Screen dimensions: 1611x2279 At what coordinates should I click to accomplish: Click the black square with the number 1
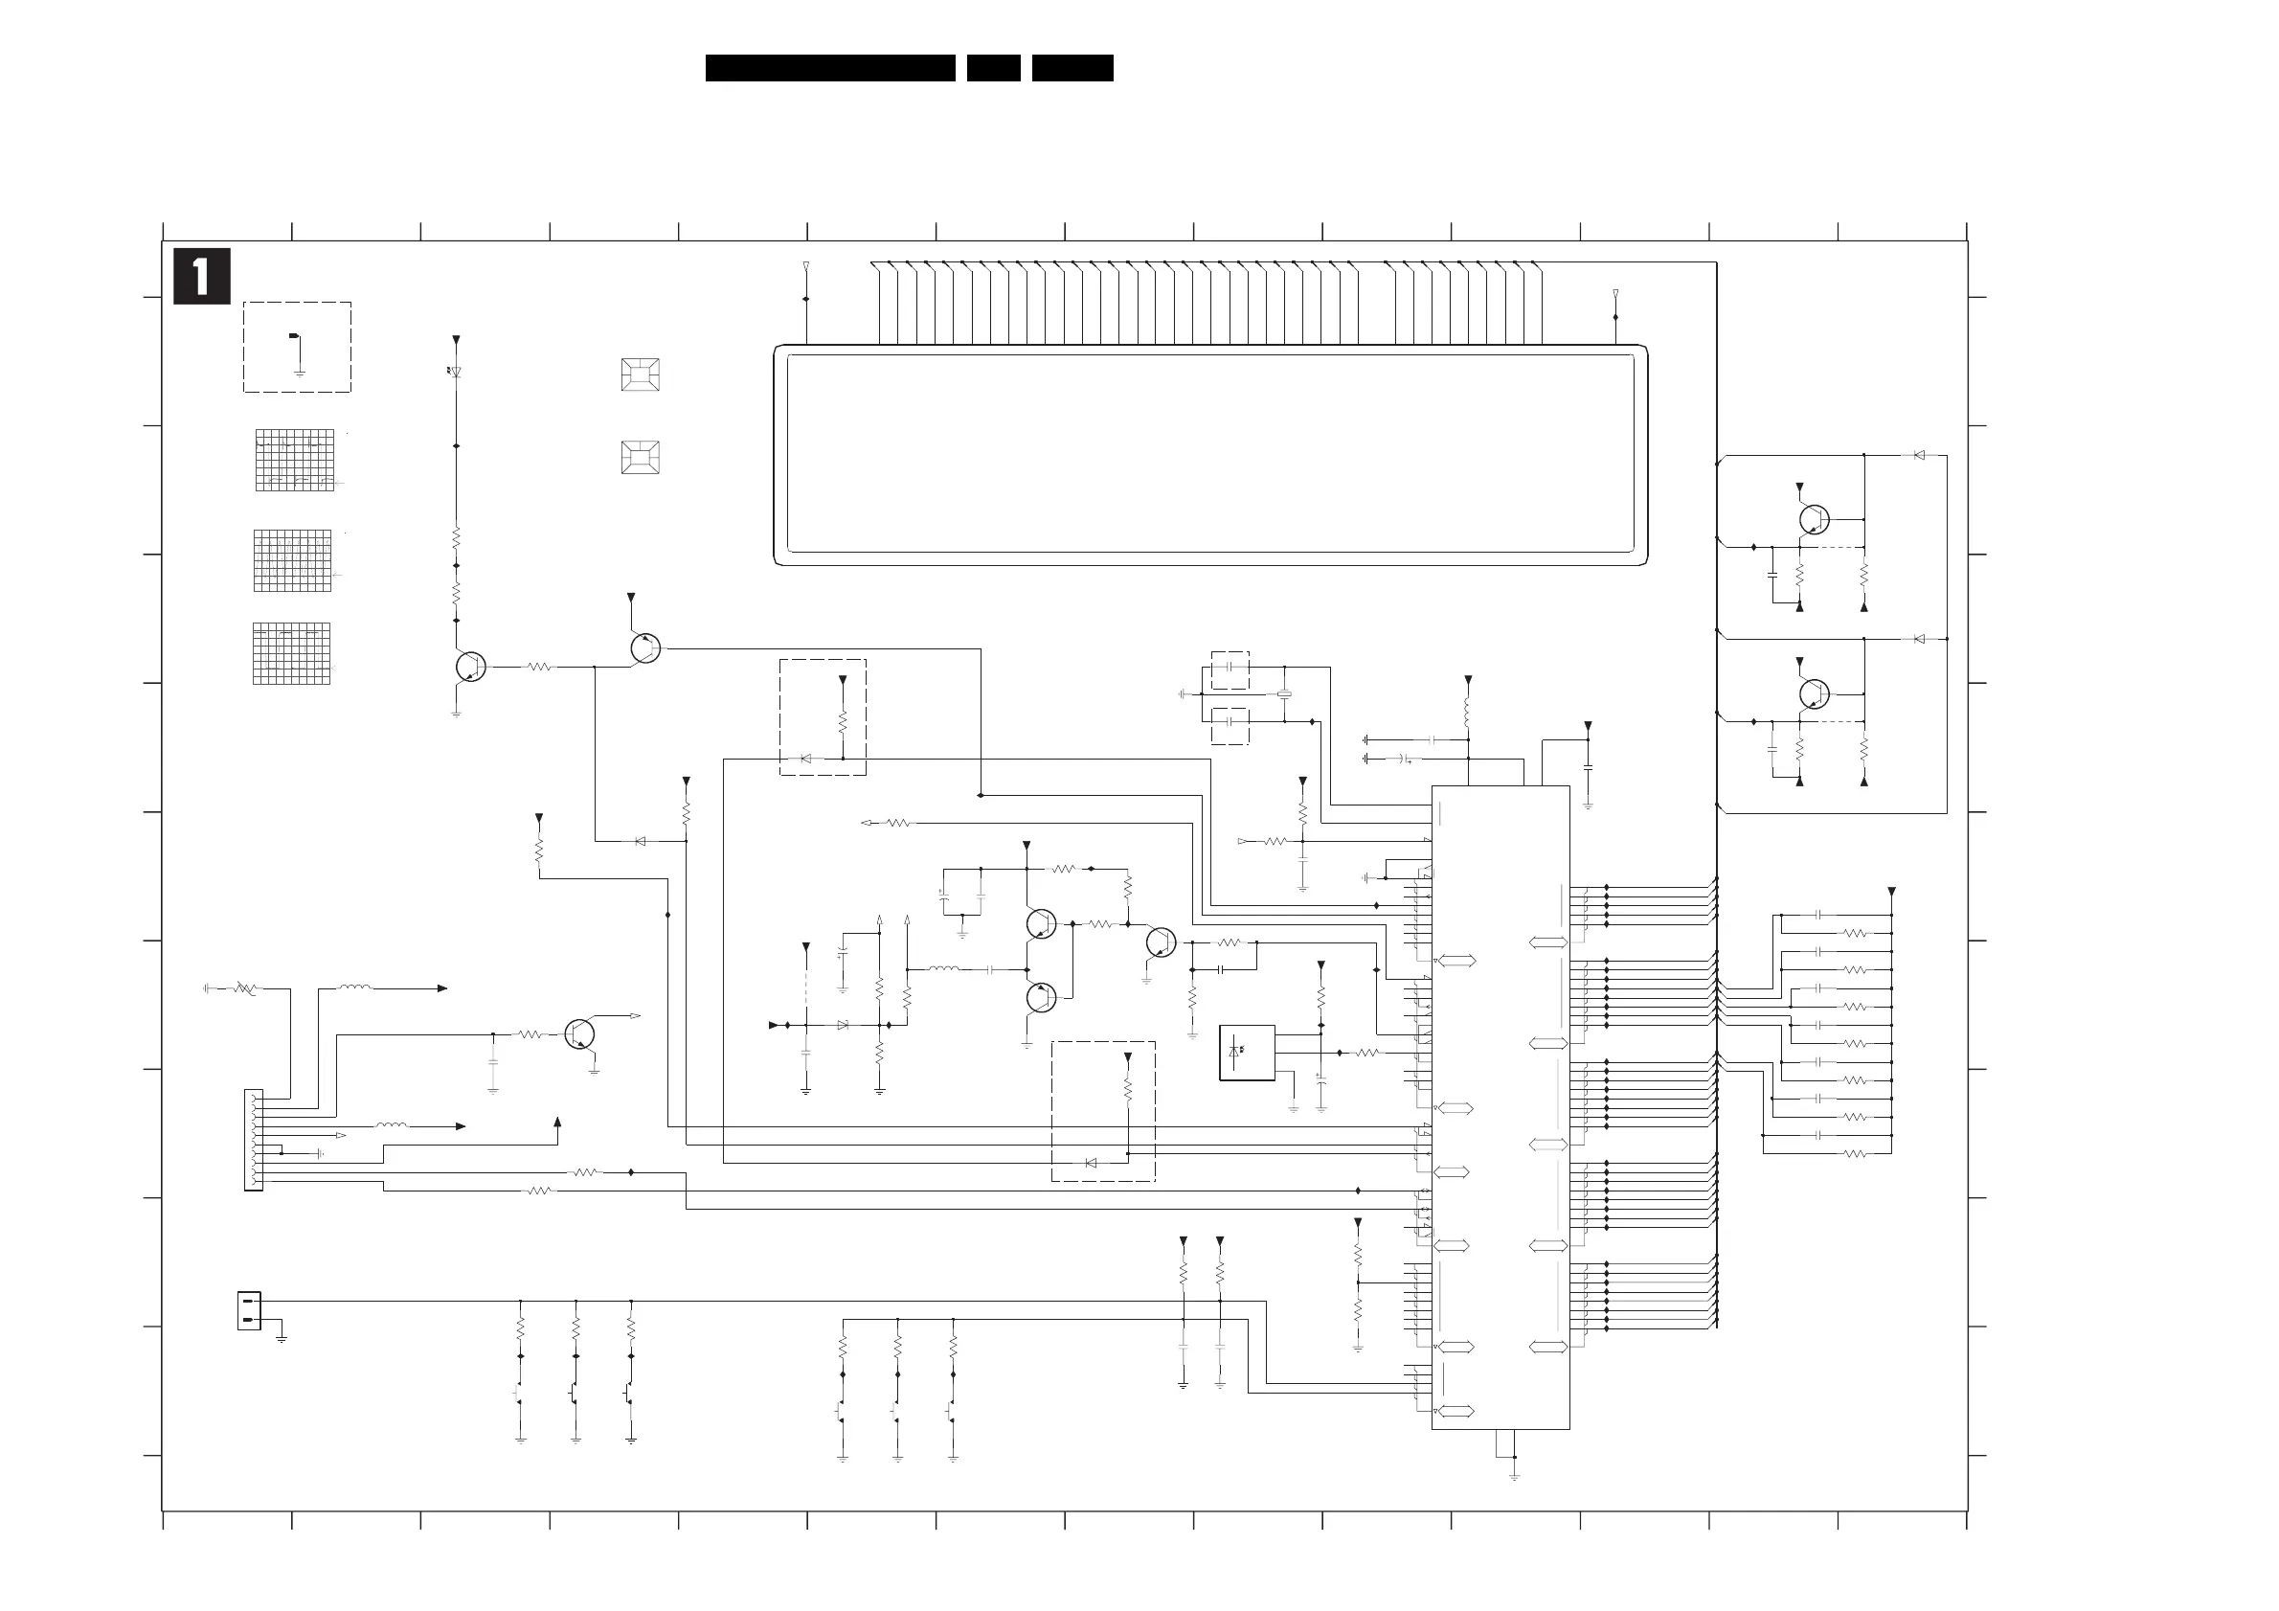coord(201,276)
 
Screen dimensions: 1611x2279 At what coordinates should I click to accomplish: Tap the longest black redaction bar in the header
coord(830,67)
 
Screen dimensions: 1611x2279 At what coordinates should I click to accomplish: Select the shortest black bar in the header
coord(993,67)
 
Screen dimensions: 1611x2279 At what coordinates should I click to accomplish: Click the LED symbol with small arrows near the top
coord(456,373)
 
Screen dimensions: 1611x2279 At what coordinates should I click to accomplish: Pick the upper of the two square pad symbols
coord(641,375)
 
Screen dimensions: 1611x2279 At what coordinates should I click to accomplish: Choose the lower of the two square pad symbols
coord(641,458)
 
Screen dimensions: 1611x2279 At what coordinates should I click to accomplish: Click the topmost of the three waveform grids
coord(295,460)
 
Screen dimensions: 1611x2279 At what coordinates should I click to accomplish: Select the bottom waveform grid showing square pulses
coord(292,654)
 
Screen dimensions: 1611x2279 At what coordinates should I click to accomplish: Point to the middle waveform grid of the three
coord(293,561)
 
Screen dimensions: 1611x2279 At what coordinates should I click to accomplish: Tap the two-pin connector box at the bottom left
coord(249,1310)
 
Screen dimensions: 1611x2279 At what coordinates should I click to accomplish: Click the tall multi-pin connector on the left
coord(254,1140)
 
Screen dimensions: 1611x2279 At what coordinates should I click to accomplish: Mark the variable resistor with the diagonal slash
coord(245,988)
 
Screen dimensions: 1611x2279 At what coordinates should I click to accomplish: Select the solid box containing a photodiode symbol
coord(1247,1053)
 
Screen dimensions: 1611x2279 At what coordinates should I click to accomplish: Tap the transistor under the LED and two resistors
coord(470,667)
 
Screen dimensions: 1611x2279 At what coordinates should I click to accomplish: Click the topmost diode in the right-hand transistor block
coord(1919,456)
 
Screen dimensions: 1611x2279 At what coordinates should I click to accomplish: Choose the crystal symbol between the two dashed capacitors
coord(1284,693)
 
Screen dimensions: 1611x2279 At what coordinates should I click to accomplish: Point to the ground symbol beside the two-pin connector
coord(282,1337)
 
